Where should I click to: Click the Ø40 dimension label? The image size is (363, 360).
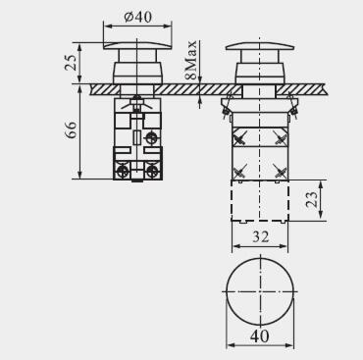[138, 17]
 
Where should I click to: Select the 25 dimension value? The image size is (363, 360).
[71, 63]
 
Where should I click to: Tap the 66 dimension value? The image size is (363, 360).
[71, 129]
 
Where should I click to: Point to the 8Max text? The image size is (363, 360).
[190, 60]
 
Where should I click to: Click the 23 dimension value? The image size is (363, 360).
[312, 199]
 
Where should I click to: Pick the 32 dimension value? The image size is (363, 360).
[260, 236]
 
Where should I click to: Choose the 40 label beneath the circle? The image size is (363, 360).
[260, 335]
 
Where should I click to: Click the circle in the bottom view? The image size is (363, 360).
[227, 291]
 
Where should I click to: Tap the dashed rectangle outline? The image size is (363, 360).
[232, 200]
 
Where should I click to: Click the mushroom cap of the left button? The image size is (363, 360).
[137, 45]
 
